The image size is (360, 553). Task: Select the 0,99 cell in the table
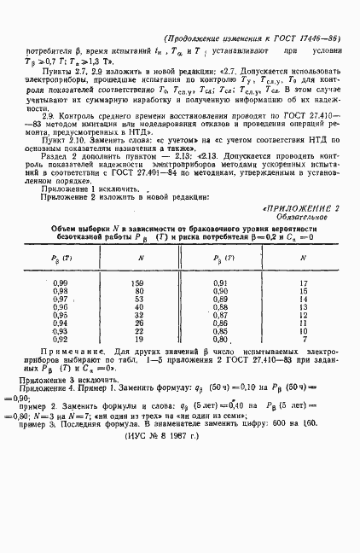click(60, 306)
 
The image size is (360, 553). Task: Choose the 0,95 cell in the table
click(60, 339)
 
